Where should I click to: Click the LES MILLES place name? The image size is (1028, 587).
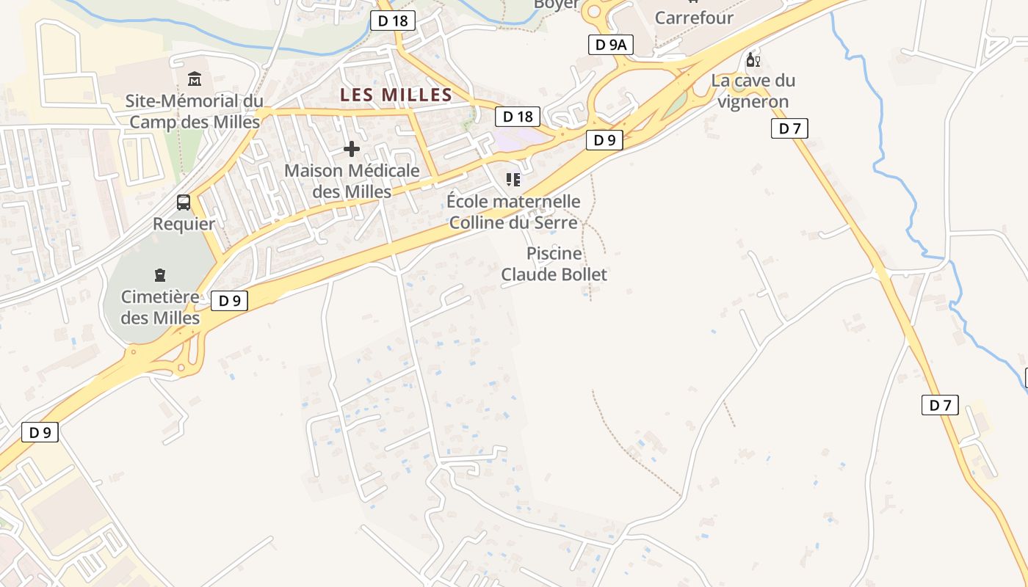397,95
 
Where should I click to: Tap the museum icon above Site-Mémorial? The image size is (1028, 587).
195,79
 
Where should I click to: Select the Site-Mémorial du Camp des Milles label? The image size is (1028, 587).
195,112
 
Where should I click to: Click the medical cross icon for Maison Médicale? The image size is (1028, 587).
352,149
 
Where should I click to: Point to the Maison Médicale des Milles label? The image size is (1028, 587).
352,181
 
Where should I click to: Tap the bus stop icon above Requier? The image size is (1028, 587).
184,203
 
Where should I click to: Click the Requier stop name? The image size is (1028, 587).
184,224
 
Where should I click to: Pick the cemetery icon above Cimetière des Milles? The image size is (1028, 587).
160,275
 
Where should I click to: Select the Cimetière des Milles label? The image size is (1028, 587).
160,307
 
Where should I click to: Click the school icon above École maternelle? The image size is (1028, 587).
513,179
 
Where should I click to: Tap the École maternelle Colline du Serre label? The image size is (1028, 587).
513,211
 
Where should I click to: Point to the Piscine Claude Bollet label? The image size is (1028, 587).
554,264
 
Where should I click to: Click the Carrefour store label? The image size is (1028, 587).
694,18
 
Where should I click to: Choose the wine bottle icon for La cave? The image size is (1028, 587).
753,59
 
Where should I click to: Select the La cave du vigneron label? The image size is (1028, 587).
753,91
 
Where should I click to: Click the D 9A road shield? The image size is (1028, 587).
611,45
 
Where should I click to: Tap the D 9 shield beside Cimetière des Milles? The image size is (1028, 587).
230,300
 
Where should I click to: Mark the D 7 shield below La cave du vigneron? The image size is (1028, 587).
789,129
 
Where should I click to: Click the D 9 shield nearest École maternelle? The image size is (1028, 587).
604,140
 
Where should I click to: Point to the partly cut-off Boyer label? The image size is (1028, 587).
556,4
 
